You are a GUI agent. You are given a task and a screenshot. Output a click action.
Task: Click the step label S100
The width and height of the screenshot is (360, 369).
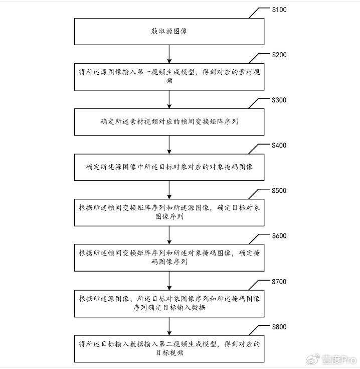point(279,10)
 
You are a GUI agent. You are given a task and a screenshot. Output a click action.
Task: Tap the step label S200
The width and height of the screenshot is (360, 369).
point(279,55)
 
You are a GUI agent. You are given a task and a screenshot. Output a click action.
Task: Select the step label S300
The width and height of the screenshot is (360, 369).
point(279,100)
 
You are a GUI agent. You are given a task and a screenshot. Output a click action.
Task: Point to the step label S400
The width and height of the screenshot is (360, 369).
point(279,145)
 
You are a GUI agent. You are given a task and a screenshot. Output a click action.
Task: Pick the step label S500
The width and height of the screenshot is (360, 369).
point(279,190)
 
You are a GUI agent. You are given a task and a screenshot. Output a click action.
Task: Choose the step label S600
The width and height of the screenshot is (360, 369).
point(279,236)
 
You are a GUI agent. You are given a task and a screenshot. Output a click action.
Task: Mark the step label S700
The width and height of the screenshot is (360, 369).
point(279,282)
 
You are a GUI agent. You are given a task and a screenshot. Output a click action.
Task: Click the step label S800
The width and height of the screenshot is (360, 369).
point(279,327)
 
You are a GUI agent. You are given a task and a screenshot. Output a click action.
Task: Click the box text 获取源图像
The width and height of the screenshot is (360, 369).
point(169,31)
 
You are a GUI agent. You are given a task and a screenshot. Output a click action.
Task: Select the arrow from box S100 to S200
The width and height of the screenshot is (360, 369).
point(169,54)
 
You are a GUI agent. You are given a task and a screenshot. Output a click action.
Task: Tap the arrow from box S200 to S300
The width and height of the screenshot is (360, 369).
point(169,99)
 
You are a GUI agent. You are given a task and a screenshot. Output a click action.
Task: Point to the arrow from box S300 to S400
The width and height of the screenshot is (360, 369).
point(169,145)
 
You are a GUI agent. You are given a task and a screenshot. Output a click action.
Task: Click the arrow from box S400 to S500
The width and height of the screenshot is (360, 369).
point(169,190)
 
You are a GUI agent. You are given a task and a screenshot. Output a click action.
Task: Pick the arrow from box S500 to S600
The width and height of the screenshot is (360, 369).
point(169,235)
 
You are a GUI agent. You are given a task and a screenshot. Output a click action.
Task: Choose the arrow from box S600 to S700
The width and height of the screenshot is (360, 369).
point(169,281)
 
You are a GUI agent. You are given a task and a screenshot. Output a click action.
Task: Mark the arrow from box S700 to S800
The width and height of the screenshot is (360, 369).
point(169,326)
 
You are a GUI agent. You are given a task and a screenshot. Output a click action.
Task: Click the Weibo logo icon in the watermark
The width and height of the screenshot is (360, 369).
point(313,359)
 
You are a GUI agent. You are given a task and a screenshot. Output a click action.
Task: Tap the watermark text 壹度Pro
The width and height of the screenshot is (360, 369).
point(339,359)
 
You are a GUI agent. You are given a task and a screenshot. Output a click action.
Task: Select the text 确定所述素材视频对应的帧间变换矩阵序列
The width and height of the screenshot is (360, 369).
point(169,121)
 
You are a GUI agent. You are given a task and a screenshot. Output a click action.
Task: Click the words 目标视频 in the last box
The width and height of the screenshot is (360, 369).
point(169,353)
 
